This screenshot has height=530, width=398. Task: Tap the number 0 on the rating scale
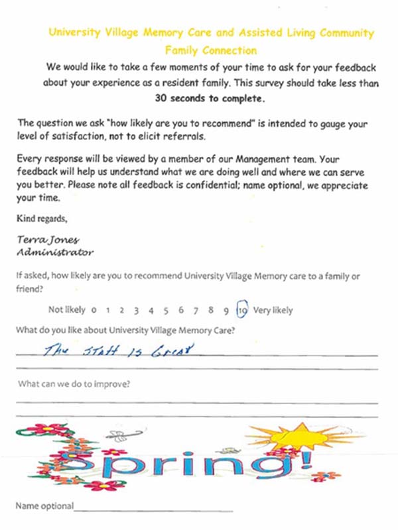(x=95, y=310)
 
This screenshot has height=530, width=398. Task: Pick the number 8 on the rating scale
(x=211, y=310)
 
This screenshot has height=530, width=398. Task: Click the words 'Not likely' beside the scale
(x=67, y=310)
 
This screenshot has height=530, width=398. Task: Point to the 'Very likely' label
(x=273, y=310)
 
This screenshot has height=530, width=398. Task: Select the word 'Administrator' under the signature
(x=54, y=252)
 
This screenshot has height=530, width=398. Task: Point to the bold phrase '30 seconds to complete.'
(x=209, y=99)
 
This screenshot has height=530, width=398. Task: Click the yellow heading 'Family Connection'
(x=210, y=50)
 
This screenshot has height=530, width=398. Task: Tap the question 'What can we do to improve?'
(x=73, y=384)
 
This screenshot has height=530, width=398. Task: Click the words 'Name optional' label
(x=44, y=506)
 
